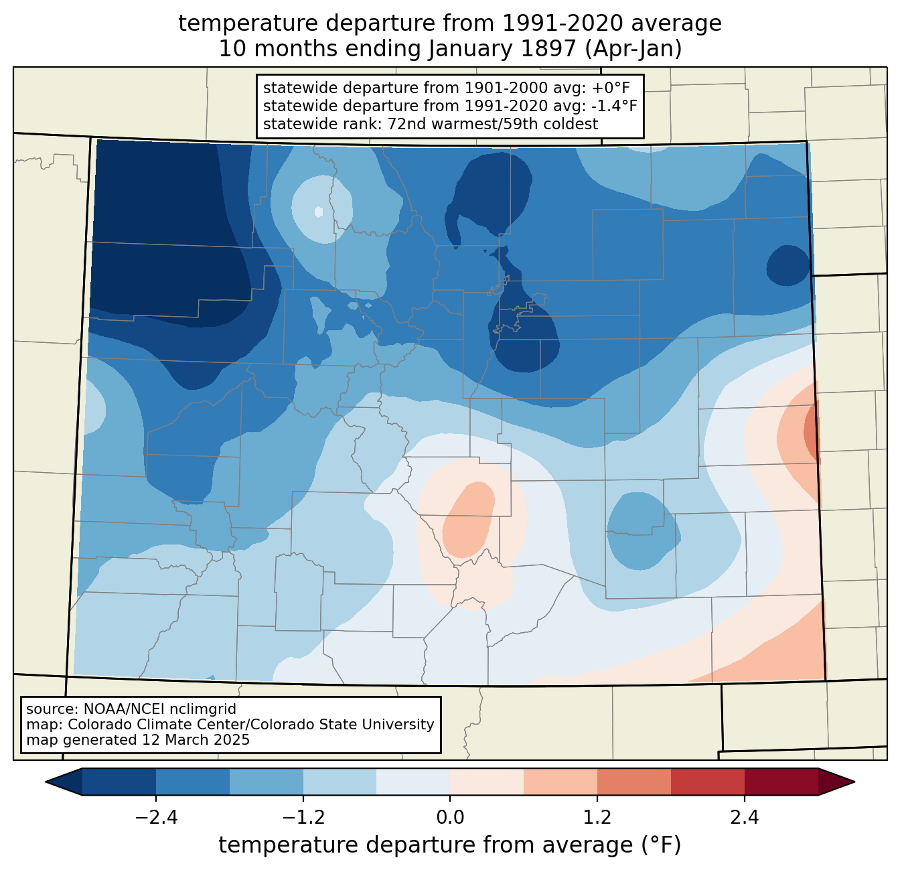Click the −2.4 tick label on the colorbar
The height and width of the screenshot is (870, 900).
tap(156, 818)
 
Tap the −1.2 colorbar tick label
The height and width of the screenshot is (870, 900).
tap(303, 818)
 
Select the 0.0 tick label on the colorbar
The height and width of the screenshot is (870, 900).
tap(450, 818)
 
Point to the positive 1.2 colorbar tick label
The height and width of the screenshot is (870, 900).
tap(597, 818)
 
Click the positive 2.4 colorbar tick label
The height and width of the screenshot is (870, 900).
tap(744, 818)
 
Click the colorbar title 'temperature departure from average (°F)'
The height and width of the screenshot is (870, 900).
tap(450, 845)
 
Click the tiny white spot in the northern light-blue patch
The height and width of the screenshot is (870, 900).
tap(319, 212)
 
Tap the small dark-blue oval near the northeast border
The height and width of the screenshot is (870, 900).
tap(789, 266)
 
